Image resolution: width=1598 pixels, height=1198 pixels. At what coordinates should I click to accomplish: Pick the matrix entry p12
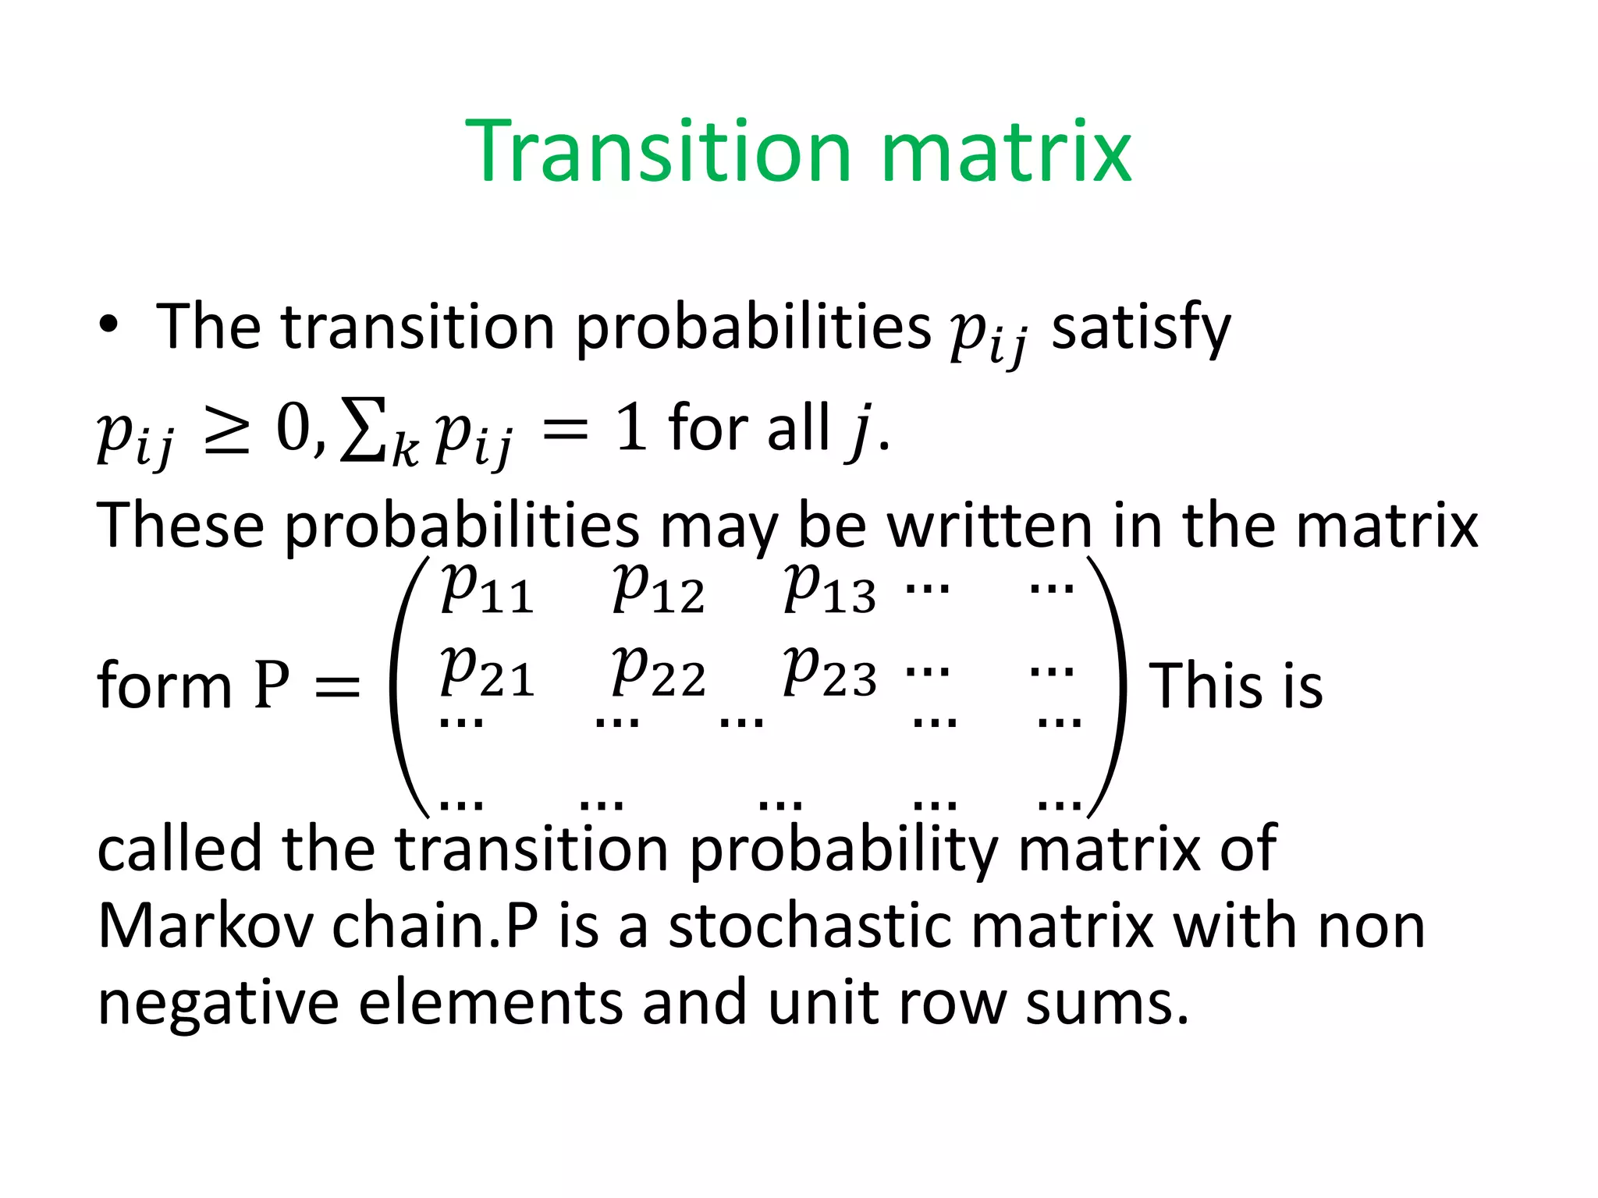(x=659, y=588)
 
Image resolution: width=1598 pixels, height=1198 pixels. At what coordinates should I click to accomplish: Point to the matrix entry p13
(x=829, y=588)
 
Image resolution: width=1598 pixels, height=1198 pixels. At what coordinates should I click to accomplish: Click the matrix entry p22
(x=659, y=672)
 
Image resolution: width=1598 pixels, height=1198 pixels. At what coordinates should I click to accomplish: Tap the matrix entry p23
(x=829, y=672)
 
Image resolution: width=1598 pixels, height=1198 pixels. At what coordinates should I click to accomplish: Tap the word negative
(x=218, y=1004)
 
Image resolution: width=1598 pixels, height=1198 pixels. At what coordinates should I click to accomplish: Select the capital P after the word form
(x=272, y=686)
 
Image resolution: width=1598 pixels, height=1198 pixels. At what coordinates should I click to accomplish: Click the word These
(x=180, y=525)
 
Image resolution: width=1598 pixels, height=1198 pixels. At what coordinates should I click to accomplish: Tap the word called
(x=179, y=849)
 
